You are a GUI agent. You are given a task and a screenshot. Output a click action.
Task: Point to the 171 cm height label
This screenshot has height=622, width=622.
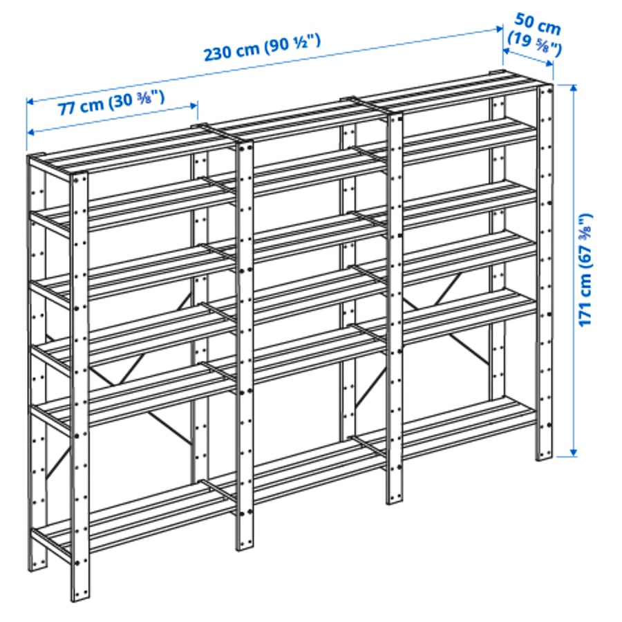click(x=586, y=270)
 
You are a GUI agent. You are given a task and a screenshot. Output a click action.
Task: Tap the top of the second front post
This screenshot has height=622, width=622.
click(x=245, y=142)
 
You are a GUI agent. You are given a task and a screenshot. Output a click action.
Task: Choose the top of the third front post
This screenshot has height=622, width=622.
click(x=395, y=115)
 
